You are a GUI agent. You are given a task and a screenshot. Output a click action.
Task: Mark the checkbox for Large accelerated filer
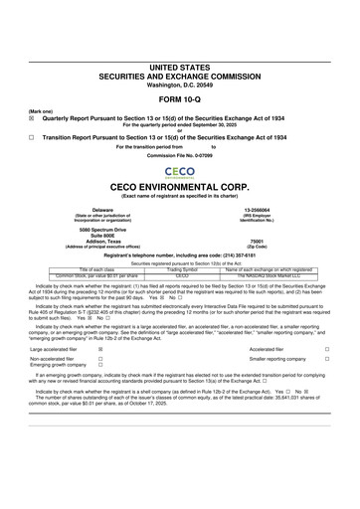coord(100,350)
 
